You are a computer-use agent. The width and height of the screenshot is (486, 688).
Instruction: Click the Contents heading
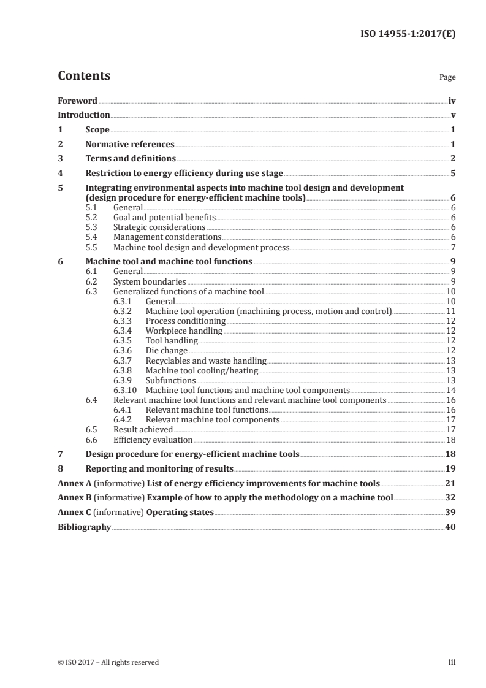click(84, 76)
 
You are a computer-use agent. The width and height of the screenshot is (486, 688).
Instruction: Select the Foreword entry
click(77, 101)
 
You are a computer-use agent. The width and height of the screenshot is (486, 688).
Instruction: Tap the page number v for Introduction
click(452, 115)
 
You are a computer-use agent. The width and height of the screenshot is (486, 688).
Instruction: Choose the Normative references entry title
click(130, 145)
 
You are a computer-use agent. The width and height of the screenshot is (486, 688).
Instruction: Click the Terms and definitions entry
click(131, 159)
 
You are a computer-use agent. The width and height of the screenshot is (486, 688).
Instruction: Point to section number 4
click(60, 174)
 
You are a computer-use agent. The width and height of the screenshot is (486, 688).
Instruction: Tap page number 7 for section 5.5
click(452, 247)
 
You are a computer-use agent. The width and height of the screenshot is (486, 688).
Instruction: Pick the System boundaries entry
click(150, 281)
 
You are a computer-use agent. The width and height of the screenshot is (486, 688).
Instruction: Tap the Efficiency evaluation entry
click(153, 439)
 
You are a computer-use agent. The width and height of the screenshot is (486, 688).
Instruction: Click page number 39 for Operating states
click(450, 512)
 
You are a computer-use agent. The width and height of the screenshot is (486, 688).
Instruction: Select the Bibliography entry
click(84, 527)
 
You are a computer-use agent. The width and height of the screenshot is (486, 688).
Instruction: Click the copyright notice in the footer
click(108, 662)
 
